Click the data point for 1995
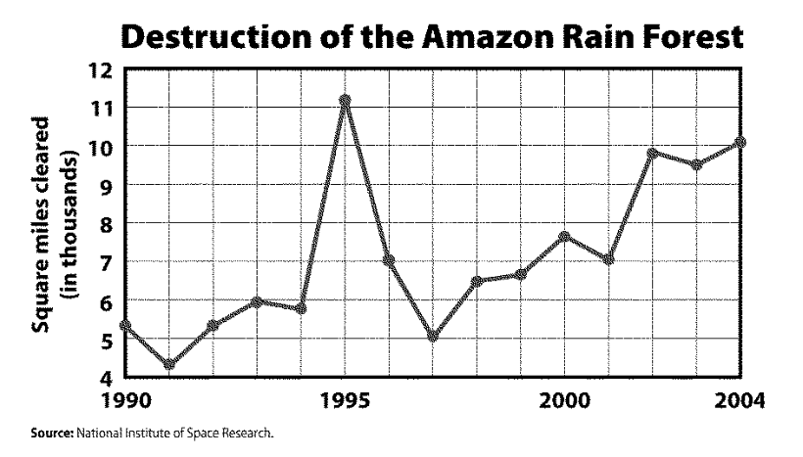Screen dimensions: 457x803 [x=345, y=101]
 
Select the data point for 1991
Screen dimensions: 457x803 [x=168, y=365]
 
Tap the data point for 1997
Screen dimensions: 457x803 [x=433, y=337]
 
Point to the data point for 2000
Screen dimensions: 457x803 [x=565, y=237]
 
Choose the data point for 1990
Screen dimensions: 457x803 [x=124, y=325]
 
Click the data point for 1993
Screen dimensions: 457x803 [x=257, y=302]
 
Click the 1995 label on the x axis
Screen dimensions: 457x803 [x=345, y=400]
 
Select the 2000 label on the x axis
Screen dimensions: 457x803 [x=565, y=400]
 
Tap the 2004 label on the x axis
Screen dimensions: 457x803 [x=739, y=400]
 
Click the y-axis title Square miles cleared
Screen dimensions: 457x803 [x=43, y=224]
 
